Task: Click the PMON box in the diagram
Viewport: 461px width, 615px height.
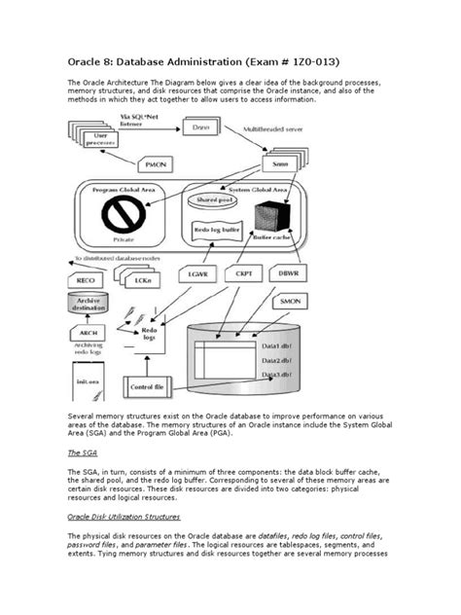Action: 159,166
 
